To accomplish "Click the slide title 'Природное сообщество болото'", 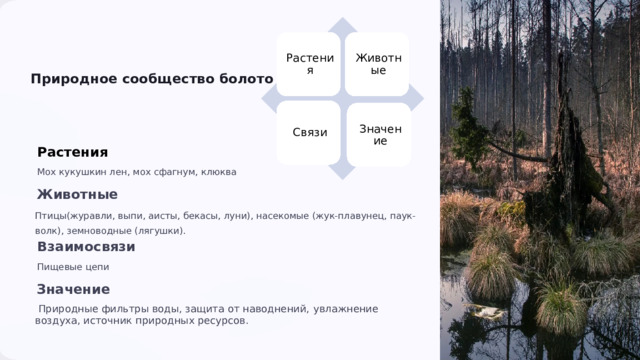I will click(x=151, y=79).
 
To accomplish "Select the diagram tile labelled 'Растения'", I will click(x=309, y=64).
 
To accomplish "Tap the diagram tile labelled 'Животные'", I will click(x=378, y=64).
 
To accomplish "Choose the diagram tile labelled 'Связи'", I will click(x=309, y=133).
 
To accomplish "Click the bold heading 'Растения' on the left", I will click(x=72, y=152).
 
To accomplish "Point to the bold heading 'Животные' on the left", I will click(x=77, y=194).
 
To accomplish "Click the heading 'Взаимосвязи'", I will click(x=85, y=246).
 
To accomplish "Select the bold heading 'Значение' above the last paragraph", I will click(x=73, y=289).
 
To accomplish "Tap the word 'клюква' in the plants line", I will click(x=219, y=172).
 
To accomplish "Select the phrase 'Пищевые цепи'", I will click(x=72, y=267).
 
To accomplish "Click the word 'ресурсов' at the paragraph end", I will click(x=222, y=321).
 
